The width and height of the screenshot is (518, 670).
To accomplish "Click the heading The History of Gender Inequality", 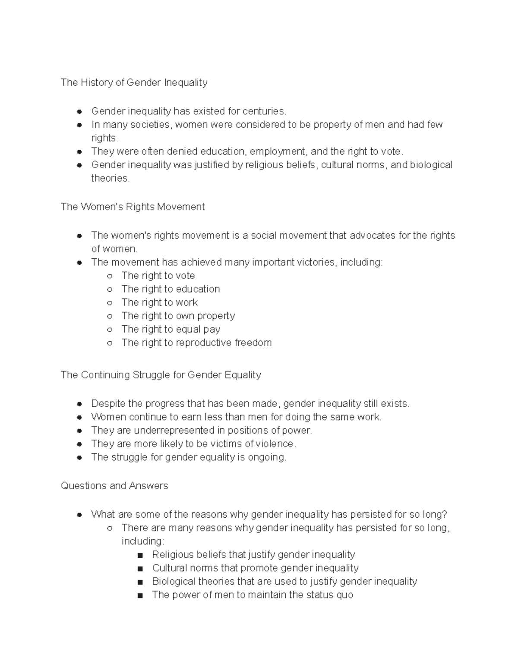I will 134,82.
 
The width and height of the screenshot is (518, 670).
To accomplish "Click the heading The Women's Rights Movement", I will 133,207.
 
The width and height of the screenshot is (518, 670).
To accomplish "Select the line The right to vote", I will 158,276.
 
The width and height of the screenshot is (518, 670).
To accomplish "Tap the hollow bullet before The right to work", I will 110,303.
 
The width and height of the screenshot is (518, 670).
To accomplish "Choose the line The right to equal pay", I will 171,329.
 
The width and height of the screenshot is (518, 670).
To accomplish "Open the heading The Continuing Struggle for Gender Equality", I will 161,374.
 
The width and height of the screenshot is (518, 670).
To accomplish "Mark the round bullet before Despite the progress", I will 79,404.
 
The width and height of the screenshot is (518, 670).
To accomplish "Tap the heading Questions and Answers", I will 114,486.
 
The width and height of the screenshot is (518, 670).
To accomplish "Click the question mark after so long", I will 445,514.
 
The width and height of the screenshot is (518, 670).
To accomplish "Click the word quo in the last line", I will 345,595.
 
